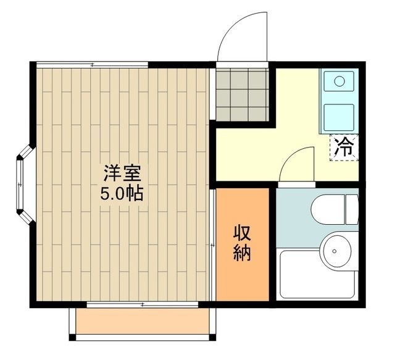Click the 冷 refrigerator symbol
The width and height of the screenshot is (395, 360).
pyautogui.click(x=344, y=147)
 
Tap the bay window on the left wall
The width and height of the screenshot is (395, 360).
pyautogui.click(x=23, y=183)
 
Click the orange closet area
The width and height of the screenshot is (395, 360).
pyautogui.click(x=242, y=272)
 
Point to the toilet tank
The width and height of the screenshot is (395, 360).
pyautogui.click(x=352, y=210)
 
